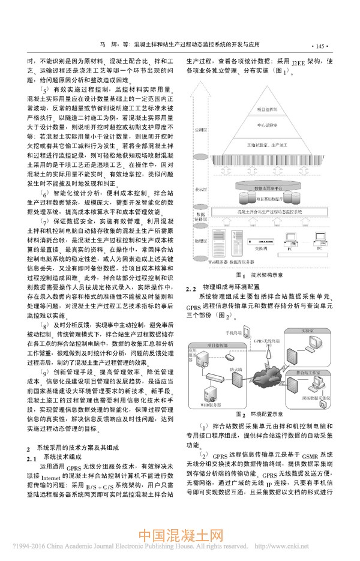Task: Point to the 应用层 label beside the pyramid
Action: click(x=200, y=130)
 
